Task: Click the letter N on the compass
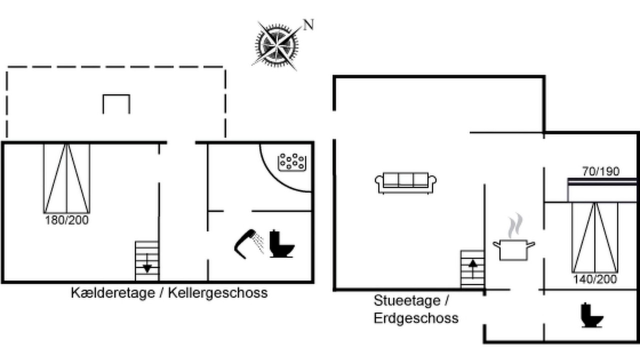(308, 24)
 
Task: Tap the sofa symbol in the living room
(405, 183)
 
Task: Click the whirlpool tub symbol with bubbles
(292, 162)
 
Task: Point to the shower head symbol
(249, 243)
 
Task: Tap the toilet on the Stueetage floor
(591, 315)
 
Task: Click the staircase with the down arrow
(147, 261)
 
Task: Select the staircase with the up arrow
(472, 269)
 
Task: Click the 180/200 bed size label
(67, 220)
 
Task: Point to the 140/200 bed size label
(595, 279)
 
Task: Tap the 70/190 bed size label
(601, 171)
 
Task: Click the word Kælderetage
(113, 293)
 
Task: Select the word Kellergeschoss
(217, 293)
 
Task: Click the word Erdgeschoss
(416, 318)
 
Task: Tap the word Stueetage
(407, 300)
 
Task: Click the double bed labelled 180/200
(67, 178)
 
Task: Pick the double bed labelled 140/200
(595, 237)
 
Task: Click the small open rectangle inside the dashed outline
(116, 95)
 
